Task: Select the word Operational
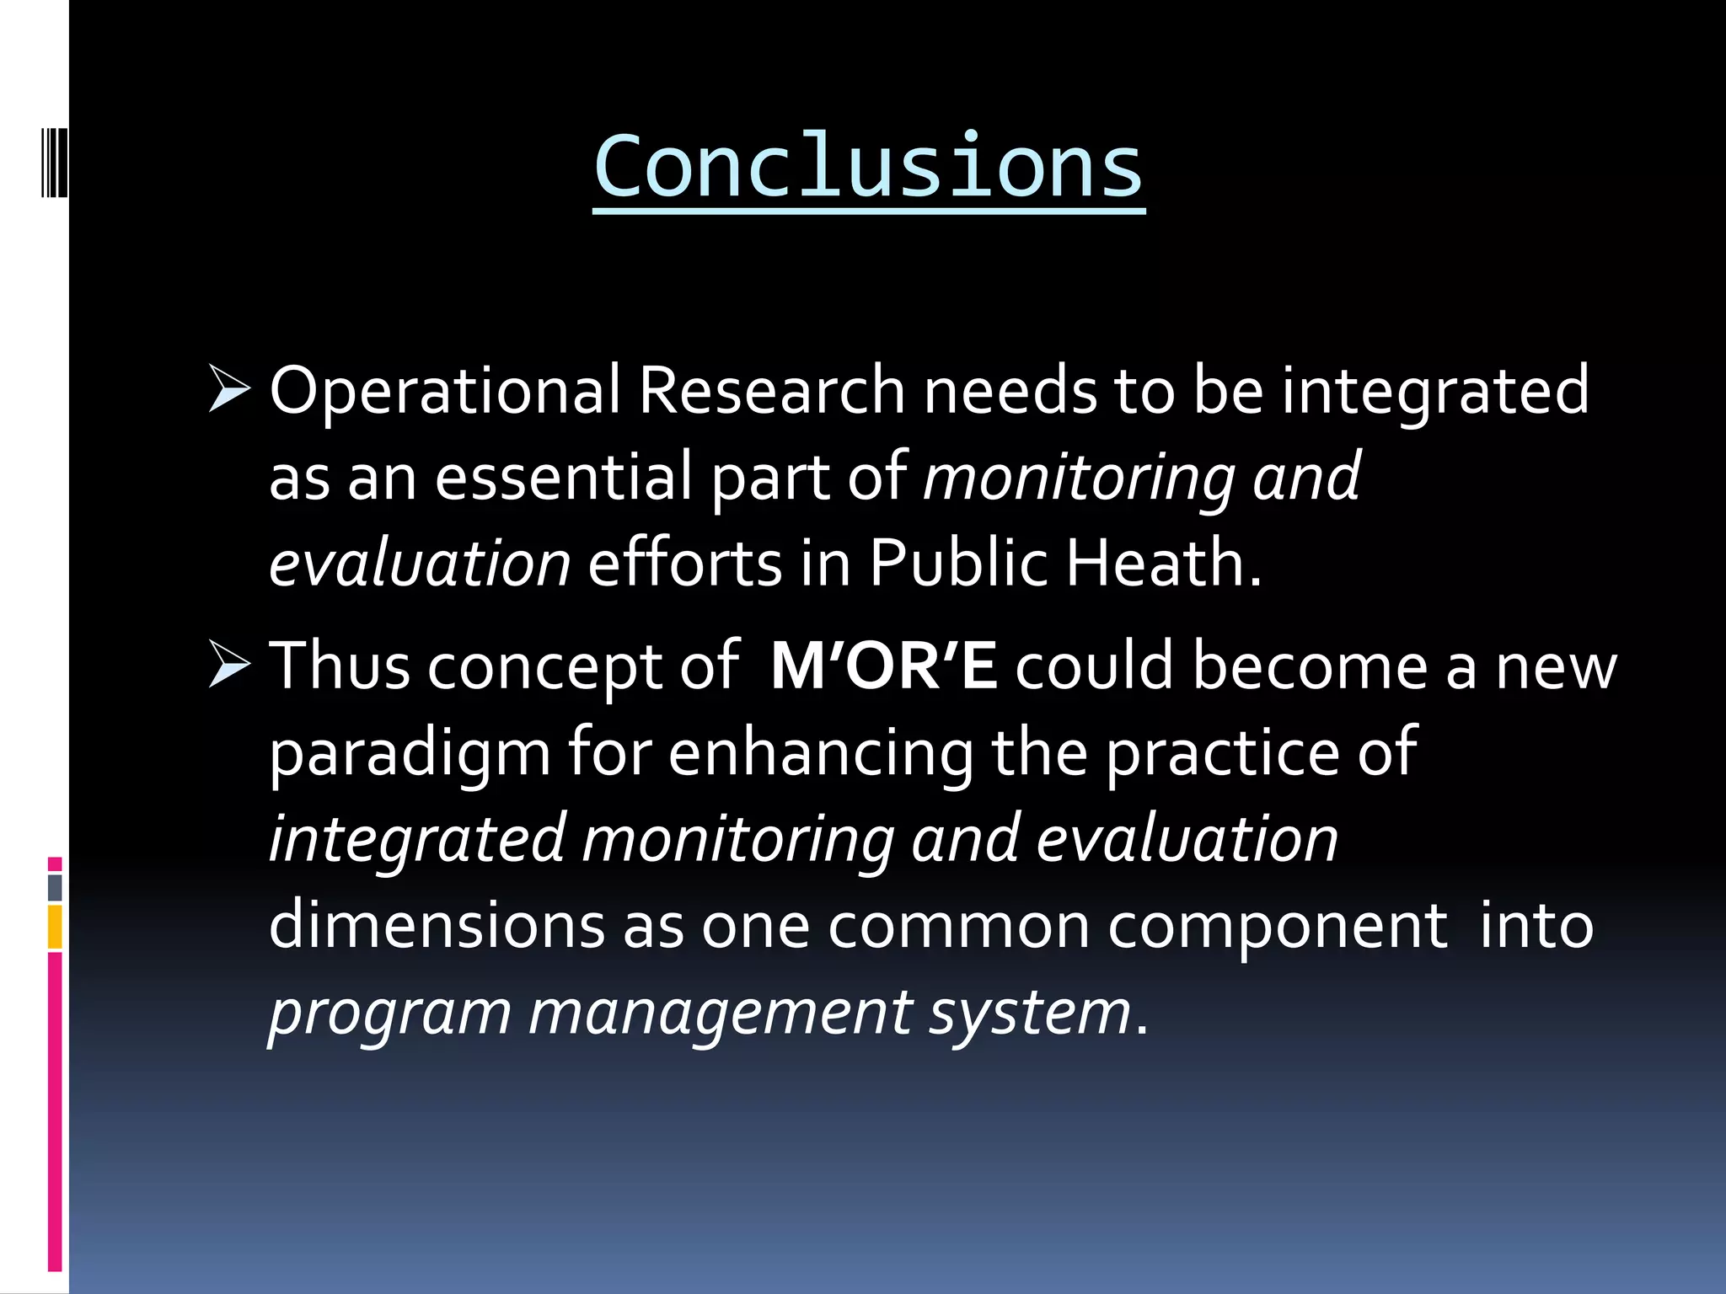pos(445,391)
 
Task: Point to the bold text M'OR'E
pos(883,666)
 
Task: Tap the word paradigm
pos(410,753)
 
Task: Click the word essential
pos(563,477)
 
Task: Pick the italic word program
pos(389,1013)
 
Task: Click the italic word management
pos(720,1013)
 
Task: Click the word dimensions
pos(437,925)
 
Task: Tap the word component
pos(1278,925)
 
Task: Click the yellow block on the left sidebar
pos(55,927)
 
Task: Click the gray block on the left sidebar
pos(55,887)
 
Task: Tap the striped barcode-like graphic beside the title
pos(54,152)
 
